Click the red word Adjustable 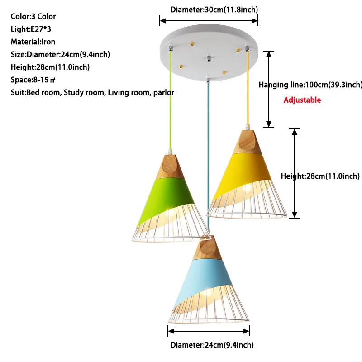302,100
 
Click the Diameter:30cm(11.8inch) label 208,9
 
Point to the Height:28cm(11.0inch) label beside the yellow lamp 320,176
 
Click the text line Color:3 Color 33,17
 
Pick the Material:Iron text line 33,42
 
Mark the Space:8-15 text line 33,80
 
